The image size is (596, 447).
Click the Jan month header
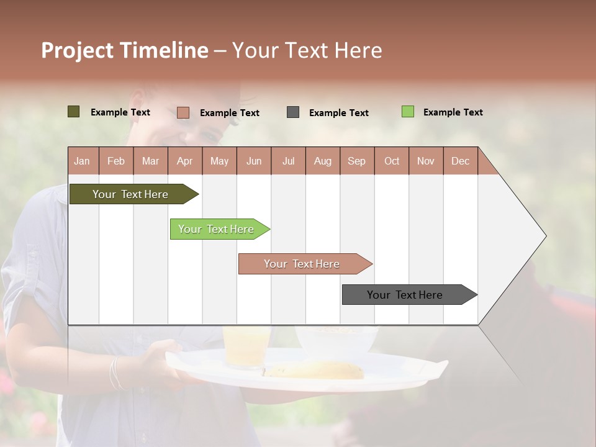pos(83,161)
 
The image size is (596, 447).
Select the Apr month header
pos(184,161)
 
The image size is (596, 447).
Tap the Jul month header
pos(288,161)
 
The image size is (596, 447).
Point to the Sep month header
pos(356,161)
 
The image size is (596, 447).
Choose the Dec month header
pos(460,161)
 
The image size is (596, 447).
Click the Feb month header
pos(116,161)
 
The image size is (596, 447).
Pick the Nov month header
pos(425,161)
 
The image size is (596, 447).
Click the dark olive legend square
pos(73,112)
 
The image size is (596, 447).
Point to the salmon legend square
pos(183,112)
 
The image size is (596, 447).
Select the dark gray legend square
pos(293,112)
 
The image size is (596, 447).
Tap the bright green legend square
pos(407,112)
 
